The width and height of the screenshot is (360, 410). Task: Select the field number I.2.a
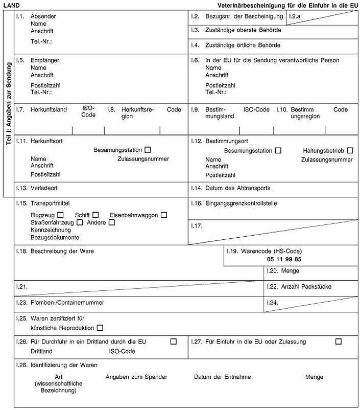coord(295,17)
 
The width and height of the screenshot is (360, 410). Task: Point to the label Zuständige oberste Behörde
coord(243,30)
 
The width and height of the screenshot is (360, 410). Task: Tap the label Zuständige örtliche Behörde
coord(243,45)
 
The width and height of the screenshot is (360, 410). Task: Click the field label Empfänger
coord(45,60)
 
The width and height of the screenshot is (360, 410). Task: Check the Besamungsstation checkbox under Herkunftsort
coord(148,150)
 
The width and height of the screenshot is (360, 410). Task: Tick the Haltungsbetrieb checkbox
coord(350,150)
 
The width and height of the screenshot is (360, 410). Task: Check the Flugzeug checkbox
coord(61,215)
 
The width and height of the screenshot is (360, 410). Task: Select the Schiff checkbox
coord(95,215)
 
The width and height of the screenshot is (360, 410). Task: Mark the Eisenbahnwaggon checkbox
coord(164,215)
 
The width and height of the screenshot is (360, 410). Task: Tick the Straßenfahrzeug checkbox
coord(80,222)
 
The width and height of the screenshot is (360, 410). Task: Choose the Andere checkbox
coord(112,222)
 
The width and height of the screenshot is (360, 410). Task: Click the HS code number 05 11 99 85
coord(287,260)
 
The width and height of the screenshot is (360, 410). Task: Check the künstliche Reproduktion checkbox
coord(100,327)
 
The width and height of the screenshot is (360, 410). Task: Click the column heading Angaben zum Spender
coord(136,377)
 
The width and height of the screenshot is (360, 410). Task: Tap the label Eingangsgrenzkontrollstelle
coord(241,203)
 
